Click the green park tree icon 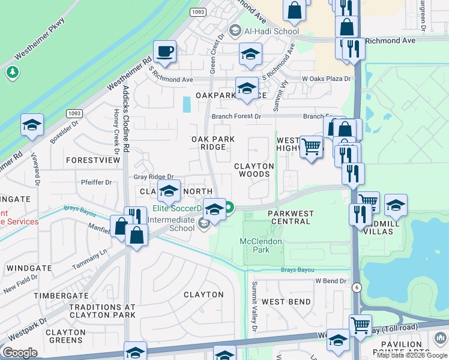tap(12, 73)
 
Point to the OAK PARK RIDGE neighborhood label tap(208, 143)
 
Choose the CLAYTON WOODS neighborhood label tap(254, 170)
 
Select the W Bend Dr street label tap(331, 281)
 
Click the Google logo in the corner tap(20, 353)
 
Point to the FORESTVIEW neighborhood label tap(93, 161)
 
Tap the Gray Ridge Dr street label tap(153, 177)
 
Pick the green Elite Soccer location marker tap(229, 209)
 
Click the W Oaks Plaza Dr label tap(326, 79)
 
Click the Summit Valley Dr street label tap(254, 307)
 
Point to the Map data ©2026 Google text tap(412, 355)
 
